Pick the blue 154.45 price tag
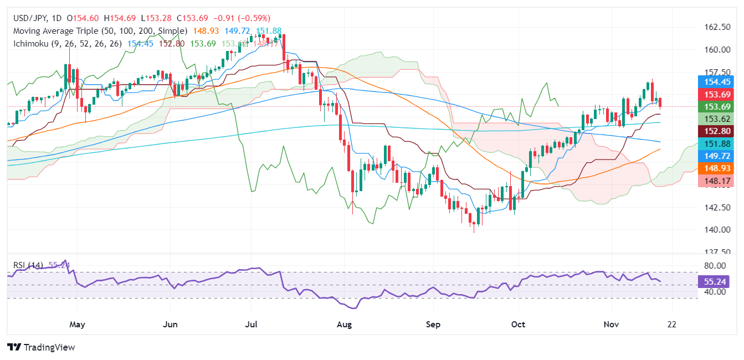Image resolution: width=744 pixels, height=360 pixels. pos(717,82)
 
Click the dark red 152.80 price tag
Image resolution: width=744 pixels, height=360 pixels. pos(717,131)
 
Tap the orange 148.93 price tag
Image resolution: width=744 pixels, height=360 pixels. pos(717,167)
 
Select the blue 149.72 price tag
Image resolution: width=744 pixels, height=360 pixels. pos(717,156)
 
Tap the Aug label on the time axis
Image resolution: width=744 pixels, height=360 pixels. pos(345,324)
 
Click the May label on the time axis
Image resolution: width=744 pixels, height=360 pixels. pos(77,324)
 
